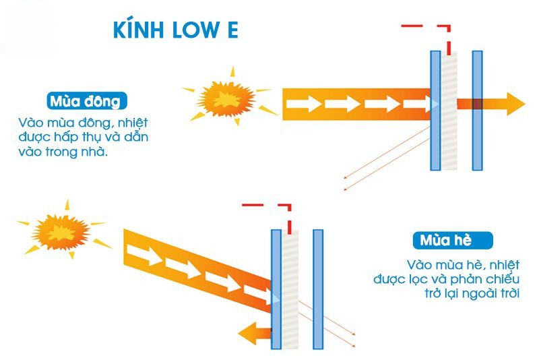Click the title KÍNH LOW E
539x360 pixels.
click(x=175, y=32)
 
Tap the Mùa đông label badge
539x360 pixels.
click(x=87, y=101)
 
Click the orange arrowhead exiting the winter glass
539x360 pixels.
click(x=513, y=103)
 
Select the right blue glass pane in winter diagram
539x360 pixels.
click(x=478, y=111)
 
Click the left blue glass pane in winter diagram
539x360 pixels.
click(x=435, y=111)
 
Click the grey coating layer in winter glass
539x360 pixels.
click(x=449, y=111)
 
